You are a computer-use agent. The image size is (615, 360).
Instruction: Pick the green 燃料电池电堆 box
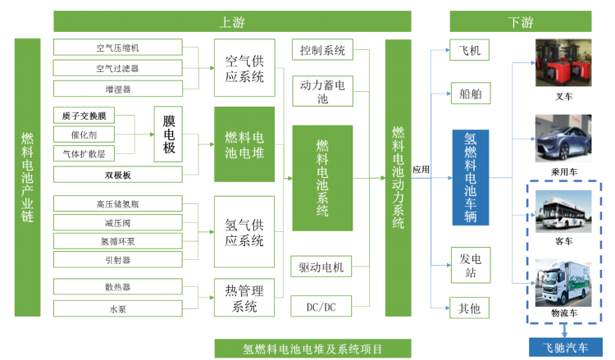point(244,144)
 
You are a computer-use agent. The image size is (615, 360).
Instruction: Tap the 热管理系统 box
point(244,298)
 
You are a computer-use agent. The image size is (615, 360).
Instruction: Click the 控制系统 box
point(322,50)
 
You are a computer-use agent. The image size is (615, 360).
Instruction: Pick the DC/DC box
point(322,307)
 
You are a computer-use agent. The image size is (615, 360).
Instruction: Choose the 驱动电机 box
point(322,267)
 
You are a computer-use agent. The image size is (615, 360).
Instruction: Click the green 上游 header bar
point(232,21)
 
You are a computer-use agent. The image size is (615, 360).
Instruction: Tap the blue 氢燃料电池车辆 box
point(470,176)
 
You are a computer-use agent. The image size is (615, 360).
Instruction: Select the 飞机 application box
point(470,50)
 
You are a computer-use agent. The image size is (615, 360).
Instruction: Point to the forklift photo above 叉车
point(563,63)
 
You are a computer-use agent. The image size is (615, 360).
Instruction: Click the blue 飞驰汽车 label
point(564,348)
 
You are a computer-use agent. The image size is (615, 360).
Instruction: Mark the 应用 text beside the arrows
point(421,170)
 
